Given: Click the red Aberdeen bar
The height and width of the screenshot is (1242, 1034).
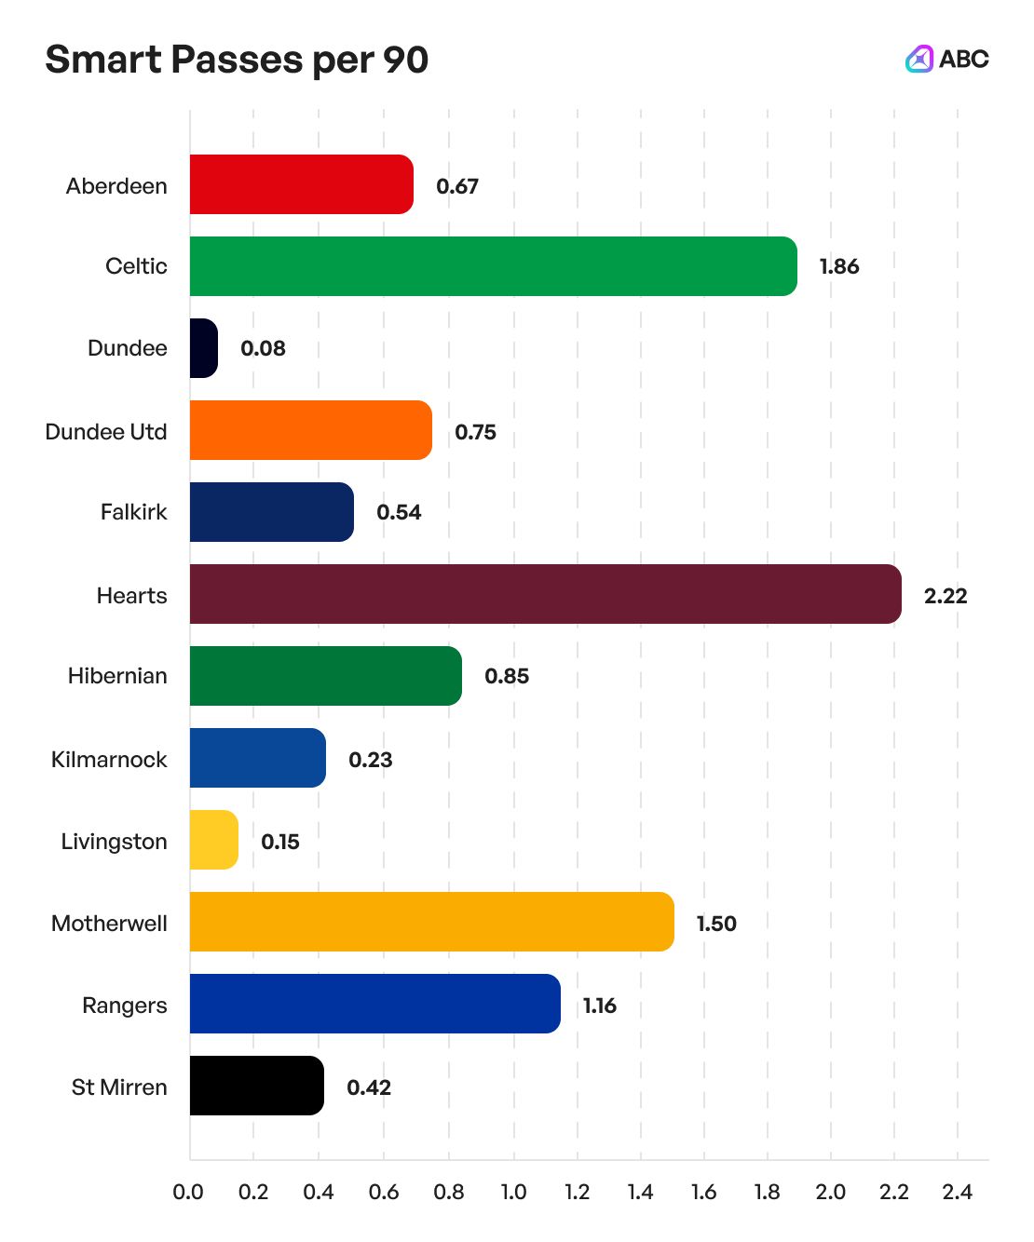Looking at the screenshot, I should click(301, 184).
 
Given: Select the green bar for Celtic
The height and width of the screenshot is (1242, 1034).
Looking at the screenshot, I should click(493, 266).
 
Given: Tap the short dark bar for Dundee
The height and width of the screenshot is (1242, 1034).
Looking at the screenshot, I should click(204, 348).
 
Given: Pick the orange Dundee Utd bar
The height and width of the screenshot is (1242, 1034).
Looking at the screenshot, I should click(310, 430).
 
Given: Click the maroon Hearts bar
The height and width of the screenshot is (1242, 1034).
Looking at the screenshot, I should click(545, 594).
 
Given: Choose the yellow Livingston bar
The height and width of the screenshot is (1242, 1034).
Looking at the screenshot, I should click(214, 840).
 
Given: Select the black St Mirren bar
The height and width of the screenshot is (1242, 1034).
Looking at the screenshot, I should click(256, 1086).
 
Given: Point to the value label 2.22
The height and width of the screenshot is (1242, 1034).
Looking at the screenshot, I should click(946, 596).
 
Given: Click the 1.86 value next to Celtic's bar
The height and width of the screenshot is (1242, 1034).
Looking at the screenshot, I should click(839, 266).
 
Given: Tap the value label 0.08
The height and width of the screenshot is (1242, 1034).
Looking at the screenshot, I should click(263, 348).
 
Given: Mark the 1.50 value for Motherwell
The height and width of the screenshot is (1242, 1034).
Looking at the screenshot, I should click(716, 924).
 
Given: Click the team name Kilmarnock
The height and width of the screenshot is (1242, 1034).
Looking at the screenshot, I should click(109, 760).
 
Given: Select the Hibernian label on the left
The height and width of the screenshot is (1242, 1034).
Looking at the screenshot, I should click(117, 676).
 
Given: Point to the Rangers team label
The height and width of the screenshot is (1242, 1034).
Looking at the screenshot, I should click(125, 1006).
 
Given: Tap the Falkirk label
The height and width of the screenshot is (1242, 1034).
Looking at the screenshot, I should click(134, 512).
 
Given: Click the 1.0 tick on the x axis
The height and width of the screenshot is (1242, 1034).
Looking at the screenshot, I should click(513, 1193).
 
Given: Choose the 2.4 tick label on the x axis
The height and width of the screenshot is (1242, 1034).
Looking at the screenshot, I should click(957, 1193).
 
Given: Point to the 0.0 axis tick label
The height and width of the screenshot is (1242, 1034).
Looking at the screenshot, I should click(188, 1193).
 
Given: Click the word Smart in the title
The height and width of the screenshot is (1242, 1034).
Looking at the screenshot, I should click(103, 60).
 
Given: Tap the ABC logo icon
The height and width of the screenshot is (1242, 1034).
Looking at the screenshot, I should click(919, 59).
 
